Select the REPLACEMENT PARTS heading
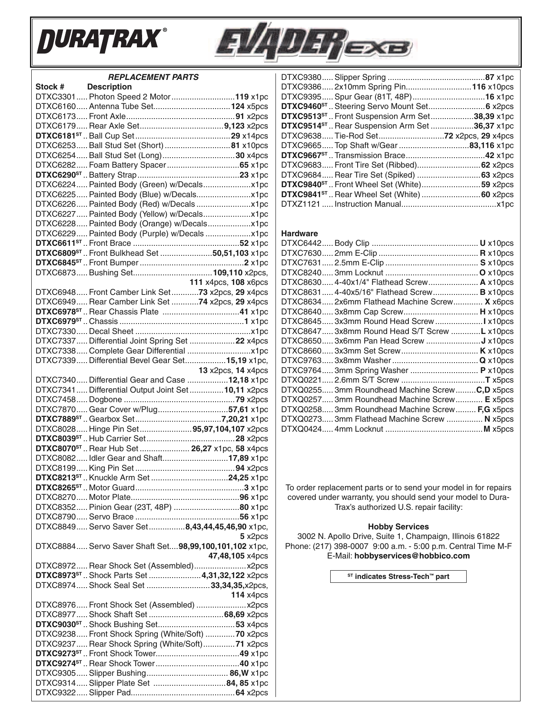(153, 77)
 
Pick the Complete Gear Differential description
(137, 351)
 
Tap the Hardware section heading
(299, 233)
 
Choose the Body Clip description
(352, 243)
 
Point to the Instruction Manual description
(368, 204)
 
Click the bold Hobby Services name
(398, 526)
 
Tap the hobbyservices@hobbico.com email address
(412, 556)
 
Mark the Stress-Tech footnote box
(398, 577)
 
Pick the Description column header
(109, 87)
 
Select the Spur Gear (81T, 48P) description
(373, 97)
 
